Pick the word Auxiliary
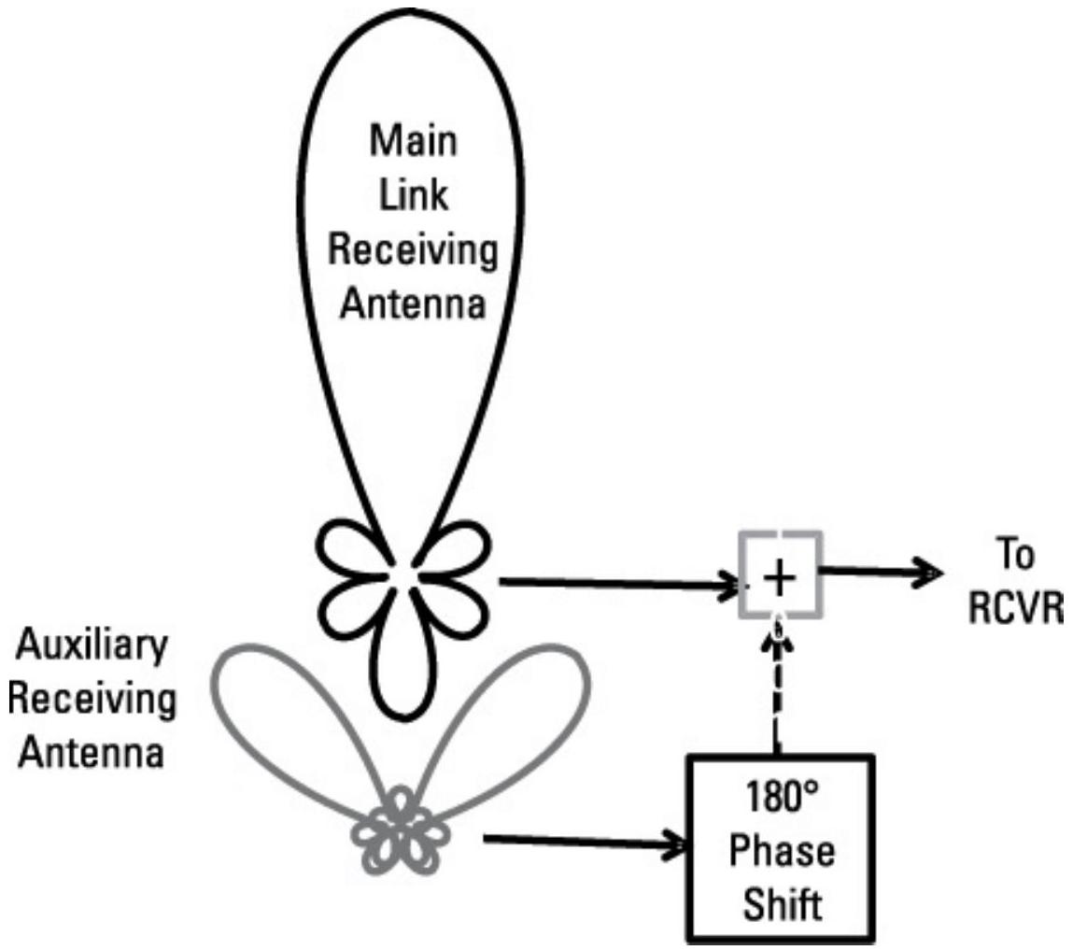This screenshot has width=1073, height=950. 92,647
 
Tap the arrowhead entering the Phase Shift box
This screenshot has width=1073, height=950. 674,847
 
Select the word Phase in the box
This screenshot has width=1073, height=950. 783,854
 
